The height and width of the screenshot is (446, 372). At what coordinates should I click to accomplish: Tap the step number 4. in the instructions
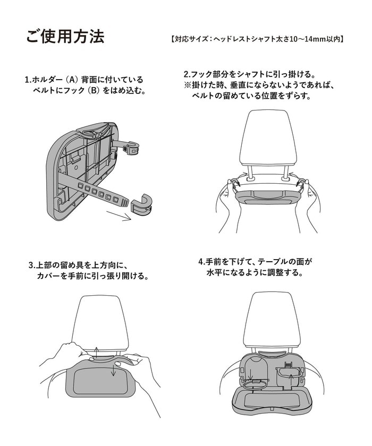(202, 262)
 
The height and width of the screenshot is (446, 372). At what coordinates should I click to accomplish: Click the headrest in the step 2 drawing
(268, 141)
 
